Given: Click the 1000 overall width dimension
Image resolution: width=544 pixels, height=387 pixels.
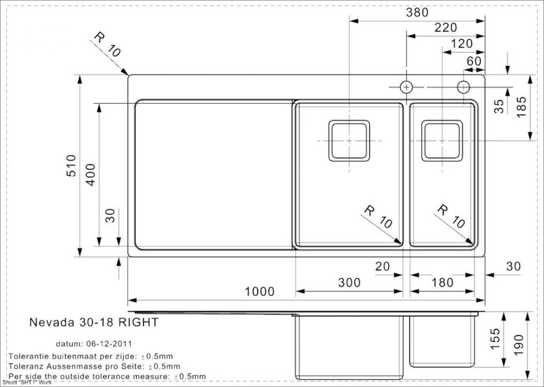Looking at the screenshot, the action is click(259, 291).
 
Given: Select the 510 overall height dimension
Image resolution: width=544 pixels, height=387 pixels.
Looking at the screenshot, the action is click(71, 166).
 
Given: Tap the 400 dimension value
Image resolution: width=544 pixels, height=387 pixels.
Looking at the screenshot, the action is click(90, 175).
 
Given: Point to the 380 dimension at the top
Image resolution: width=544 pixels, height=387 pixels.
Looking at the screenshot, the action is click(417, 13).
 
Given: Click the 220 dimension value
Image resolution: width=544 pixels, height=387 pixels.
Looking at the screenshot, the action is click(446, 27).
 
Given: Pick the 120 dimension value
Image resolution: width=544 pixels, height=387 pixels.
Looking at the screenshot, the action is click(461, 43).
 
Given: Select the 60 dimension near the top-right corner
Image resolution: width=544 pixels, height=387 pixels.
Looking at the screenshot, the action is click(474, 61).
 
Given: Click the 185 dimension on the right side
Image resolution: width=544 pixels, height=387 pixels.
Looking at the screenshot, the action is click(521, 107).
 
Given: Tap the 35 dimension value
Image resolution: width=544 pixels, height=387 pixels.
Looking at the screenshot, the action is click(498, 106).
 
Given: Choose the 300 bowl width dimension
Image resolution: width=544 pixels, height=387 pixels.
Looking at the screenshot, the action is click(349, 283).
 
